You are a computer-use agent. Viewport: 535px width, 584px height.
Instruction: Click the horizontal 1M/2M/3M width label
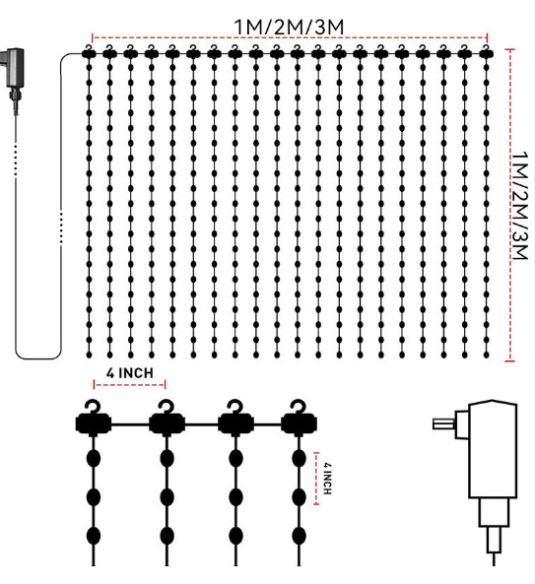(289, 28)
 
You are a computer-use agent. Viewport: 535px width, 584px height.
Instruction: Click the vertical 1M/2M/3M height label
(519, 205)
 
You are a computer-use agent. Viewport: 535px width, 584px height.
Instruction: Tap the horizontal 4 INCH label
(130, 373)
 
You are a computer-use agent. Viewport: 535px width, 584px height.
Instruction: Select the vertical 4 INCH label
(327, 479)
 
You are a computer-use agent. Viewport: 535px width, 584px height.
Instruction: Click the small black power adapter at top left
(14, 75)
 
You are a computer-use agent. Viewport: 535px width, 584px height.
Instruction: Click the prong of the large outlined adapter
(444, 423)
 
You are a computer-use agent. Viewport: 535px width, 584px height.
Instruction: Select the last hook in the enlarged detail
(299, 407)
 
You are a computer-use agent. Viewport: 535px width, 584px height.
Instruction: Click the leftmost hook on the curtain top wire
(89, 47)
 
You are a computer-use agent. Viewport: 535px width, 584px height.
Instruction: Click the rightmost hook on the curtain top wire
(485, 47)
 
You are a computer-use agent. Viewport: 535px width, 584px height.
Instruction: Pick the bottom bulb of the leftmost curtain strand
(89, 355)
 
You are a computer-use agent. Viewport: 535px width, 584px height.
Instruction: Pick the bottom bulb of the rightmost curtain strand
(486, 355)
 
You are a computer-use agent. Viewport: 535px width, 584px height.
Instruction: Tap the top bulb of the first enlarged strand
(94, 458)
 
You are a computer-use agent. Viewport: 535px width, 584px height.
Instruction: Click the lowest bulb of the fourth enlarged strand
(299, 536)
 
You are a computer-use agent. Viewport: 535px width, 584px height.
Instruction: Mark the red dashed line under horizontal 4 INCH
(130, 384)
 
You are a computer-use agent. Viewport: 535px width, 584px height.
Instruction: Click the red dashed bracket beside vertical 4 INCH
(316, 479)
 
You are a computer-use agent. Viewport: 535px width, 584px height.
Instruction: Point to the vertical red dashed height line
(509, 205)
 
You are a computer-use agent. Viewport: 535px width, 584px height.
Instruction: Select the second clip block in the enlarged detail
(167, 424)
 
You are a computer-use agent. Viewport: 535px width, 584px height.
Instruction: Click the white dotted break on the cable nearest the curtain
(61, 227)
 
